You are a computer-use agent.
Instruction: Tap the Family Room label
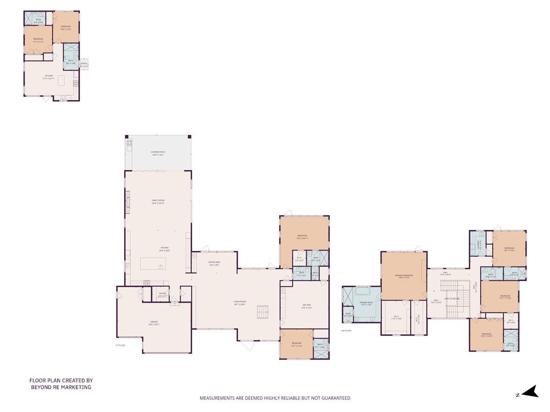point(158,200)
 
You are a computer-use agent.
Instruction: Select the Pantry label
point(162,293)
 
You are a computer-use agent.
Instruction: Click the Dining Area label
point(214,262)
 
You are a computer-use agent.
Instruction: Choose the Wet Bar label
point(307,306)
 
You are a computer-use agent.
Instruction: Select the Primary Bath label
point(366,303)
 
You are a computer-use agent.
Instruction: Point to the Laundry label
point(479,244)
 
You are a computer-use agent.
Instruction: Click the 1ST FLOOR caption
point(120,345)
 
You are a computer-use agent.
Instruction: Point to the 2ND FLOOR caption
point(346,330)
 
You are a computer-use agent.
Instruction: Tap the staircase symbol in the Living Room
point(263,312)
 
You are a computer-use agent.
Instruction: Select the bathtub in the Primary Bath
point(362,291)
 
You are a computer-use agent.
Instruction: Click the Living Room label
point(239,302)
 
